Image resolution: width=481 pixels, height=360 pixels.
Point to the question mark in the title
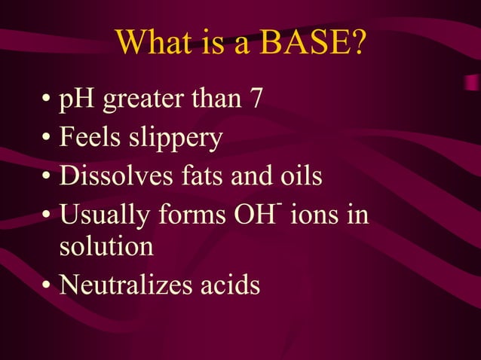(x=357, y=44)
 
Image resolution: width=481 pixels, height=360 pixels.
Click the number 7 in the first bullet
(x=255, y=99)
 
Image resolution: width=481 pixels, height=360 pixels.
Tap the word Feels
(x=90, y=138)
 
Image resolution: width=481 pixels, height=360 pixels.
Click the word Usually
(x=105, y=215)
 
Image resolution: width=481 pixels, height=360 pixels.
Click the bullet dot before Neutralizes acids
(x=47, y=286)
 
